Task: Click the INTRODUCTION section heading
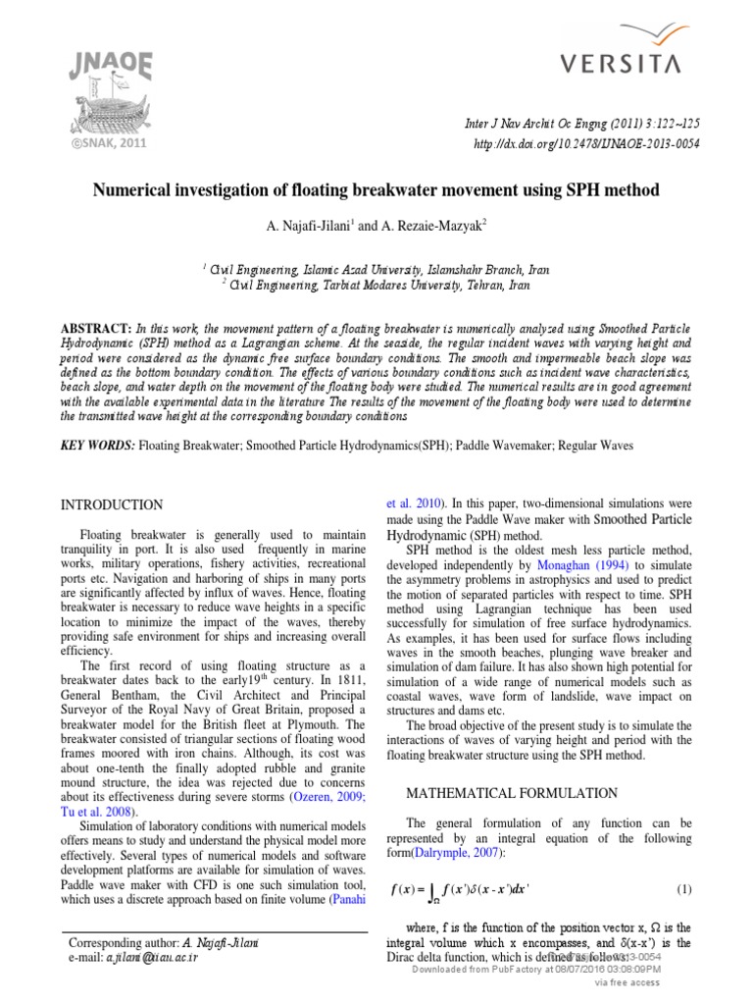[x=112, y=504]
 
